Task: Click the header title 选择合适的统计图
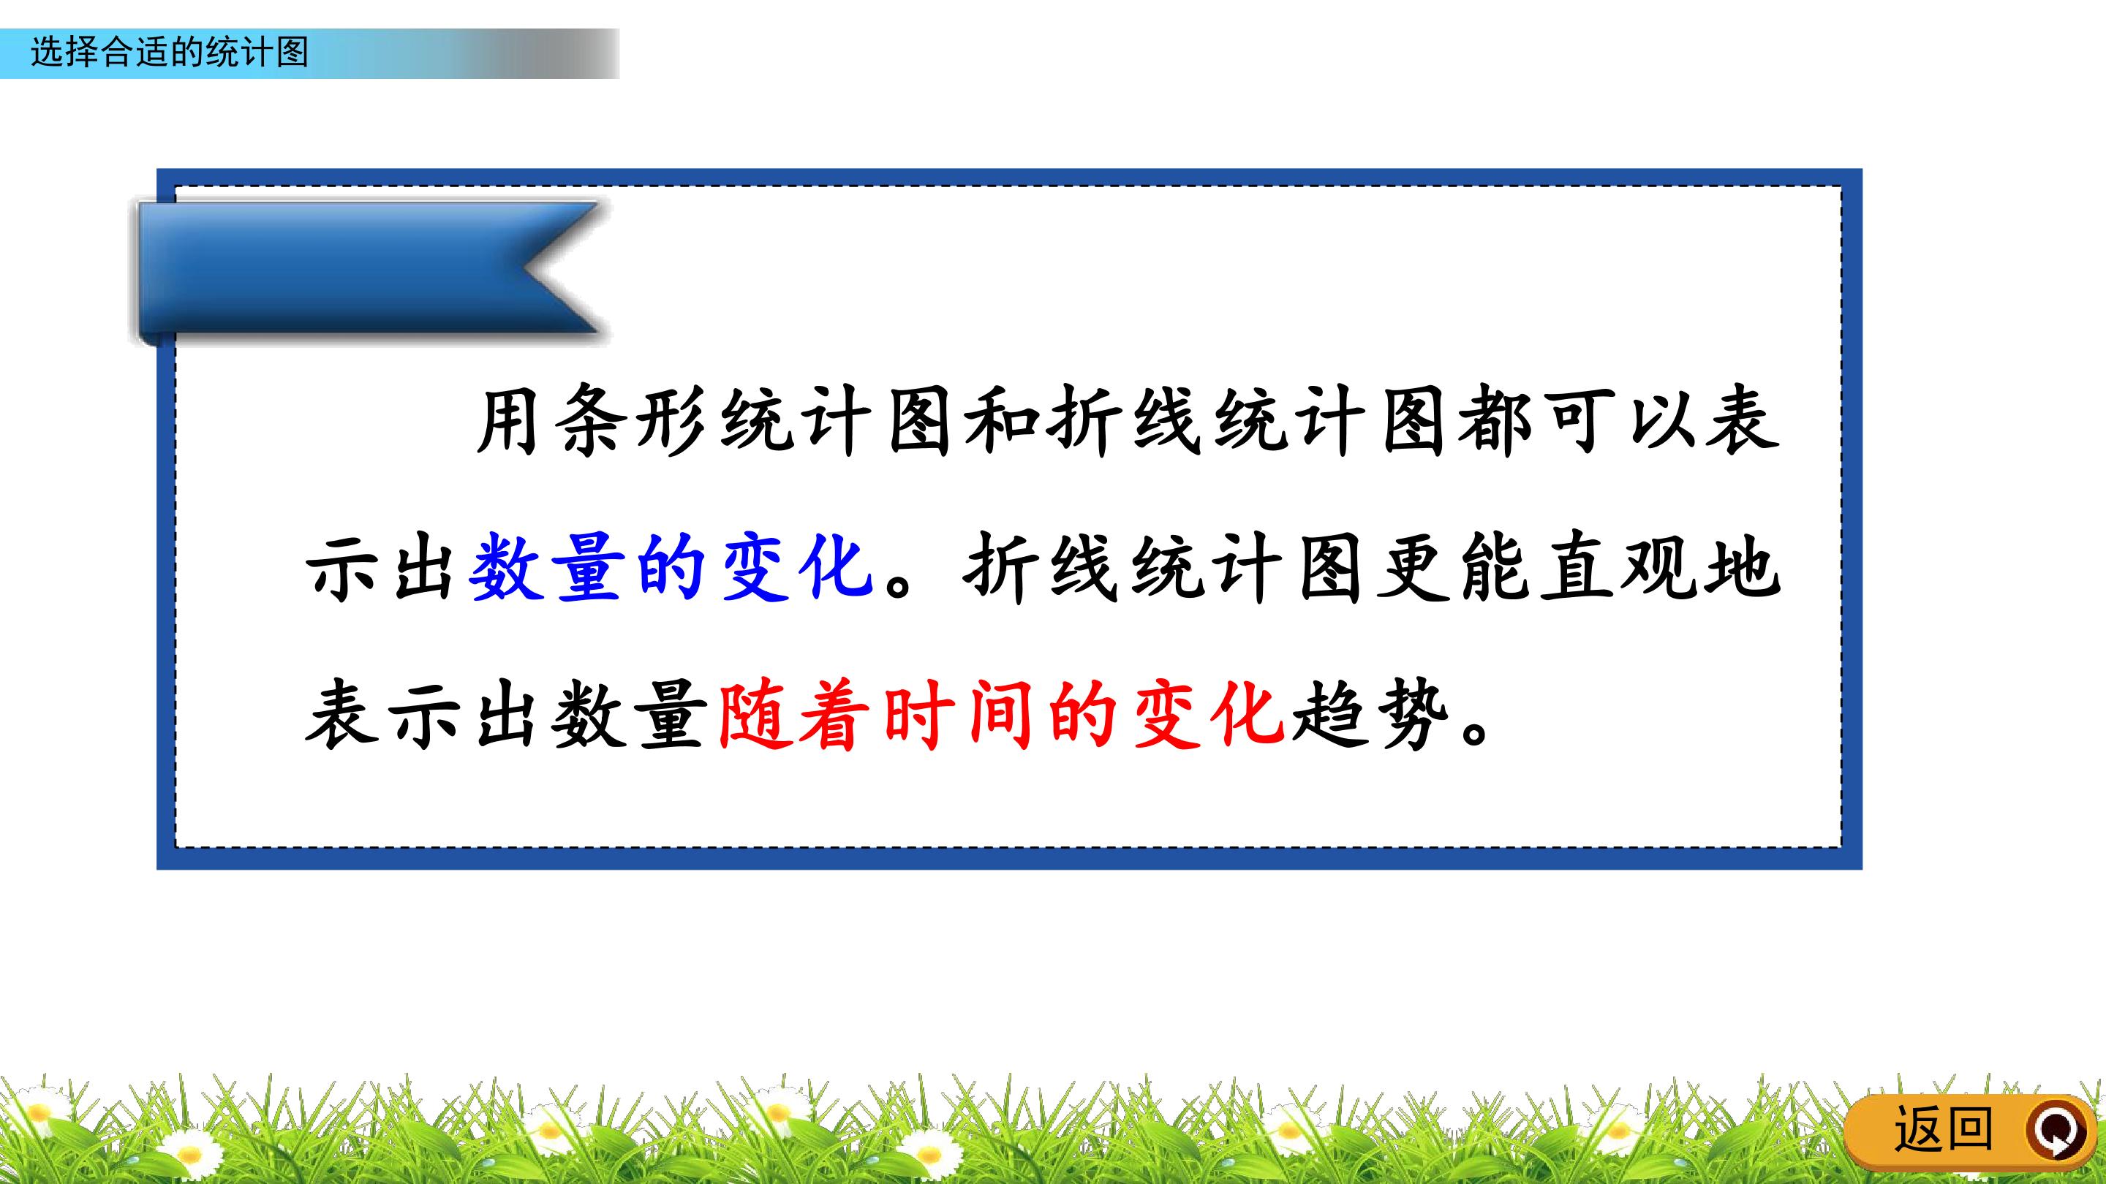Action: tap(169, 53)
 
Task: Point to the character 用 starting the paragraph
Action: tap(508, 422)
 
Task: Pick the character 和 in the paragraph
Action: tap(1002, 422)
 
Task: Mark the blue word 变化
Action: tap(795, 567)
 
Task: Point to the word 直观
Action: tap(1619, 567)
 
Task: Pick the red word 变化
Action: tap(1207, 714)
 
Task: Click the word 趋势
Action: tap(1372, 714)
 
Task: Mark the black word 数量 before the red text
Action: tap(628, 714)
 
